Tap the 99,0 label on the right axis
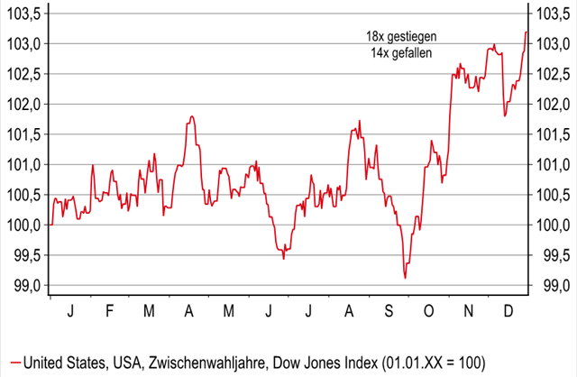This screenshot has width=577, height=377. coord(553,285)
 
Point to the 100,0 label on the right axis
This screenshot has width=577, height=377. coord(553,225)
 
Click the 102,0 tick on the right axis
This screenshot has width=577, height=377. coord(553,104)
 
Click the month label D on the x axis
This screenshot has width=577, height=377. coord(508,311)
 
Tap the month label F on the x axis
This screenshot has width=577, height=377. coord(110,311)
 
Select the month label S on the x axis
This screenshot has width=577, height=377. coord(389,311)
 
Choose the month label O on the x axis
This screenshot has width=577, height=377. coord(428,311)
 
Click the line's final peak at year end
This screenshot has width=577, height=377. coord(526,32)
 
